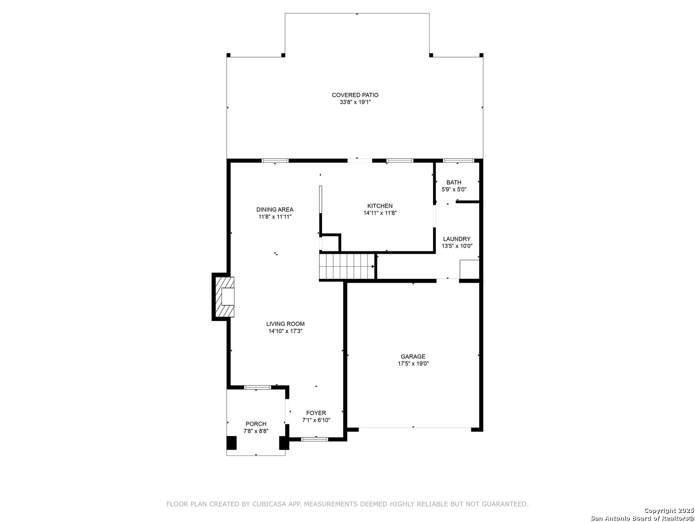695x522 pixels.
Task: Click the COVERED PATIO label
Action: (x=355, y=95)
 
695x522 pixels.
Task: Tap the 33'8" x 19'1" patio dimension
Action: (x=355, y=102)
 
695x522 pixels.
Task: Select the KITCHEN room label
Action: (x=380, y=206)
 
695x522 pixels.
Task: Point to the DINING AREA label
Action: (x=275, y=209)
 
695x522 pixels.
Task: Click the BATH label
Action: (x=454, y=182)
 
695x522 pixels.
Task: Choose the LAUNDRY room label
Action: (x=457, y=239)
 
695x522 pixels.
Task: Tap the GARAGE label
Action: (x=413, y=356)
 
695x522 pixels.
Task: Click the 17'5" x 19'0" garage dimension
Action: (x=413, y=363)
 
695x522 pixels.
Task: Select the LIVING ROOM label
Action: (x=285, y=324)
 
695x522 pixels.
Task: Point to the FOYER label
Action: (x=316, y=413)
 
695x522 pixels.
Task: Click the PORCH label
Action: (x=256, y=424)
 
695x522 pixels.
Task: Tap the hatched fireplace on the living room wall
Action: (x=225, y=297)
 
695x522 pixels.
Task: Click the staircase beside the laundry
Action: (x=347, y=266)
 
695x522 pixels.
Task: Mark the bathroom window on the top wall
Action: (x=458, y=160)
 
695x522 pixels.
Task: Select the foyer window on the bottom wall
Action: (x=314, y=439)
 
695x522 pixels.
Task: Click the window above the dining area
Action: (x=275, y=160)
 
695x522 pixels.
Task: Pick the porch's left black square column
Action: (x=232, y=443)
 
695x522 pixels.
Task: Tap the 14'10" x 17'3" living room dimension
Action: (x=285, y=331)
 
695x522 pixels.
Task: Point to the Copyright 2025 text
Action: (x=668, y=510)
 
